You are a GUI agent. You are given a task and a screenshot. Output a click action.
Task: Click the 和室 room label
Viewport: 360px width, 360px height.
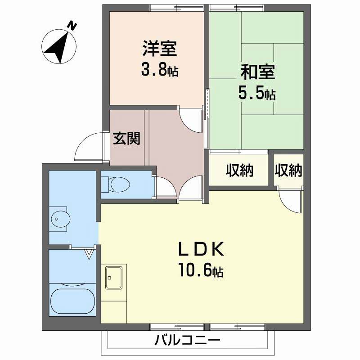pos(257,72)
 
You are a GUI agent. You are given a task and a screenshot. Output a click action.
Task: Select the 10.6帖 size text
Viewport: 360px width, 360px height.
pos(201,271)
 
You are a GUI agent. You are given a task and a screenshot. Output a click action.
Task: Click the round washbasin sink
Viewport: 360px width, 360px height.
pos(60,219)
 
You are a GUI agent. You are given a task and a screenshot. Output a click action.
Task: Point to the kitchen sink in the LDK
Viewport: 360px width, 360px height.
pos(114,278)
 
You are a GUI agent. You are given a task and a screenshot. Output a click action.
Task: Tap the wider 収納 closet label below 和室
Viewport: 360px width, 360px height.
pos(239,171)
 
